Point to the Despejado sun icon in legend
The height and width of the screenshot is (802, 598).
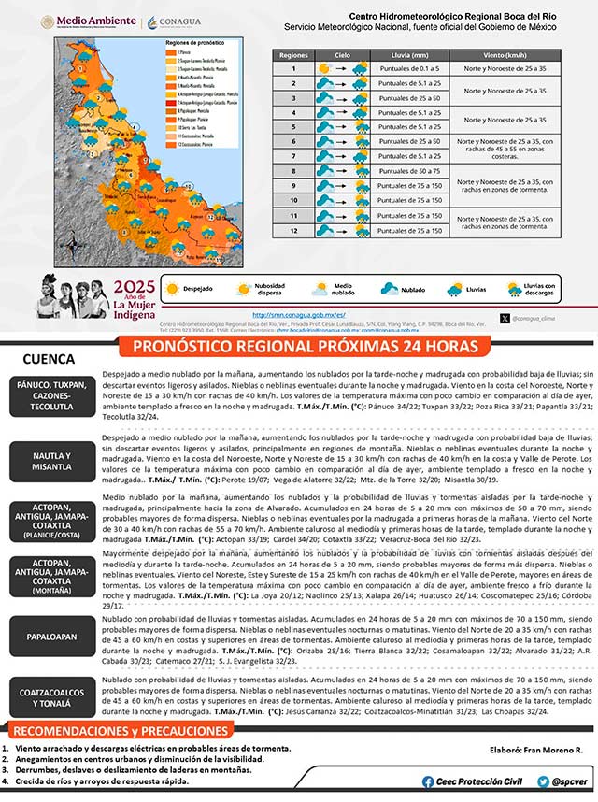[171, 290]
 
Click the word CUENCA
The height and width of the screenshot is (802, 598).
[50, 359]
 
